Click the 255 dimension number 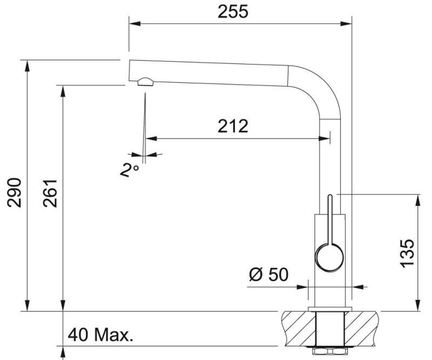click(x=233, y=12)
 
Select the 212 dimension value click(x=233, y=126)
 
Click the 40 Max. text click(x=100, y=336)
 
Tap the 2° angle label click(x=130, y=170)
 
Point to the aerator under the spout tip click(x=145, y=82)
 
